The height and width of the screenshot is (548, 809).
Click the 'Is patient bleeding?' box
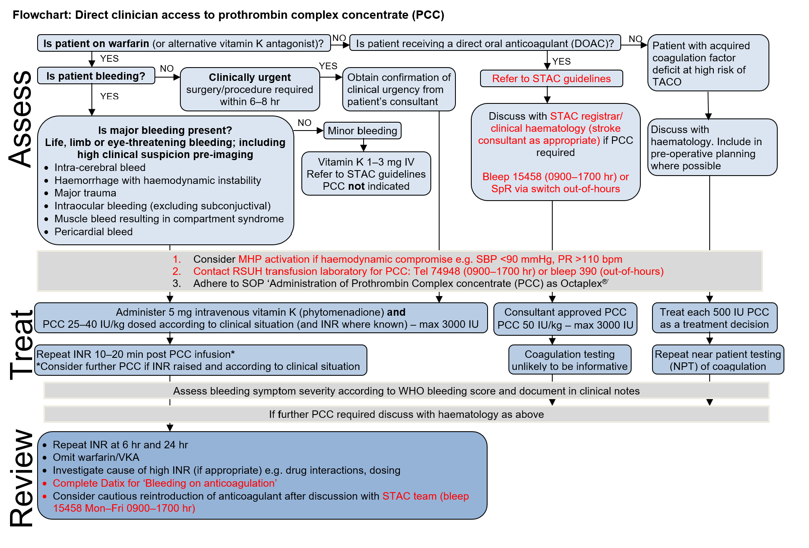point(96,76)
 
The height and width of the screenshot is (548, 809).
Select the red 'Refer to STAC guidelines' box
point(551,78)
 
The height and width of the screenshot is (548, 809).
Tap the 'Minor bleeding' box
point(362,131)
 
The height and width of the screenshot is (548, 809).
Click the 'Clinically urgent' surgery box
point(250,89)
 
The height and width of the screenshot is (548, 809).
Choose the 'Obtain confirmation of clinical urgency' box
point(399,89)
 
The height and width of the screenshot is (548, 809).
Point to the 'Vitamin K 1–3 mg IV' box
point(366,173)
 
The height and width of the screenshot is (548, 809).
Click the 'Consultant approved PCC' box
point(565,319)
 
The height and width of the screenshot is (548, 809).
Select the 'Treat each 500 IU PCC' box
point(715,318)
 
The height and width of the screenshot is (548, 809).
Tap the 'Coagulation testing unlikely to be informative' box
point(570,359)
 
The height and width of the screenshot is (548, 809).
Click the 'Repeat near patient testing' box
point(718,359)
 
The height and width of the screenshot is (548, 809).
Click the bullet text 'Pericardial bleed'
point(94,231)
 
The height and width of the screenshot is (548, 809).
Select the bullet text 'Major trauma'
point(85,193)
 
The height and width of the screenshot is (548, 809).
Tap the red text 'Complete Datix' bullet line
point(165,483)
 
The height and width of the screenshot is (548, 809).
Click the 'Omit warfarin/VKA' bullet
point(96,457)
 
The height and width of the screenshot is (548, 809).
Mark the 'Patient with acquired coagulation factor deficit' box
point(708,63)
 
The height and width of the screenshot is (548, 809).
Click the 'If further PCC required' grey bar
point(407,414)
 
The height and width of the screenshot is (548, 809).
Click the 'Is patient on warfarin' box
point(184,43)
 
